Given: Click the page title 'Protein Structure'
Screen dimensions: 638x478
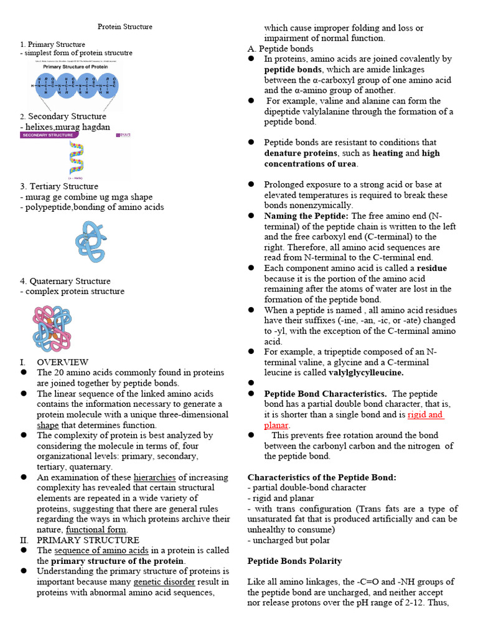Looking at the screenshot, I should (x=125, y=27).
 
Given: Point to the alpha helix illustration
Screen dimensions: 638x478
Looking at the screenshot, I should (x=76, y=158).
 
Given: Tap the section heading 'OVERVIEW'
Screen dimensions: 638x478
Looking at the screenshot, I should (x=62, y=362).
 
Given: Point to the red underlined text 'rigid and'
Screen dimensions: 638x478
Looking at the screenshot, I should (x=426, y=414).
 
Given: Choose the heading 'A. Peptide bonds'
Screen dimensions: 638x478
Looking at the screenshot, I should (x=280, y=49).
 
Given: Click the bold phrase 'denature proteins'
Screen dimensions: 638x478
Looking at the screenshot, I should (x=301, y=153).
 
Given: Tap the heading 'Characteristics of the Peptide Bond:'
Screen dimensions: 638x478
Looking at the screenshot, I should (x=322, y=477).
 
